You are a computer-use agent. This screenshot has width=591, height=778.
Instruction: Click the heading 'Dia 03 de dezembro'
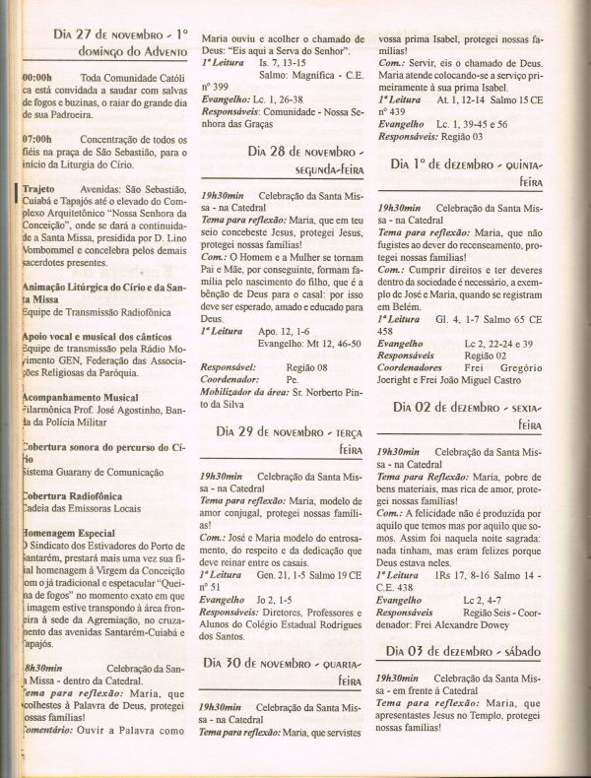(461, 652)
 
